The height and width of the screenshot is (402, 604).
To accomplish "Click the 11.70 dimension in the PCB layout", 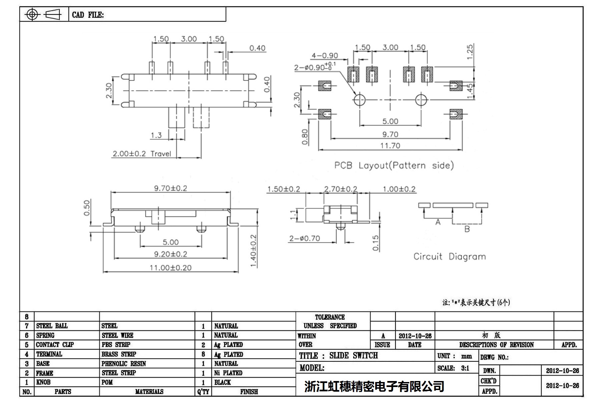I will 390,146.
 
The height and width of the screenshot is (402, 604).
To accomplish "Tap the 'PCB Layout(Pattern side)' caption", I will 394,166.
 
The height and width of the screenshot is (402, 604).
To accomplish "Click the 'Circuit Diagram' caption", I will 449,256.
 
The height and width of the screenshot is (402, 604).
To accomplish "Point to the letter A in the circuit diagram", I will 438,222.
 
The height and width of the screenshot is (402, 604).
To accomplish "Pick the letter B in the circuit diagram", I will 467,229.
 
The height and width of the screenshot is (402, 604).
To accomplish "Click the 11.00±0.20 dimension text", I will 170,268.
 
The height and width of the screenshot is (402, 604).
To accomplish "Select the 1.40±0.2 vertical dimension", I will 253,251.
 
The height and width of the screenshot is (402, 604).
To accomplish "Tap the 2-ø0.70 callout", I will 305,238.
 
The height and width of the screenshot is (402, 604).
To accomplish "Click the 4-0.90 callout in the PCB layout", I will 325,56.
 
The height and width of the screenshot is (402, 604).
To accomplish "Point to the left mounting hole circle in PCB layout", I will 360,100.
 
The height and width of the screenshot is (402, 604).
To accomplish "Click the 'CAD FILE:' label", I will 88,15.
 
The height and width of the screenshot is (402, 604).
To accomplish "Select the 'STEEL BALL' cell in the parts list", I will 52,326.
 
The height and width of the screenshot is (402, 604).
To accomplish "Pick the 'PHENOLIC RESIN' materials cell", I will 123,364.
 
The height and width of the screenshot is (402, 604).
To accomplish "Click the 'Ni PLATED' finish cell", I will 228,373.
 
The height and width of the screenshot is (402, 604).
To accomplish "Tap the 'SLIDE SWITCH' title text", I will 353,356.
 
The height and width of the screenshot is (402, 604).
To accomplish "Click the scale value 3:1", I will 465,368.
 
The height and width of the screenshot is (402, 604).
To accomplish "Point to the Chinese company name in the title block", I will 374,386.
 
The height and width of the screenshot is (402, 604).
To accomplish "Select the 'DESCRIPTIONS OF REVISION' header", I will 496,345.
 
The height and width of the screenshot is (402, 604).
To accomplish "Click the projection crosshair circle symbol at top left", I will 32,14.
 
